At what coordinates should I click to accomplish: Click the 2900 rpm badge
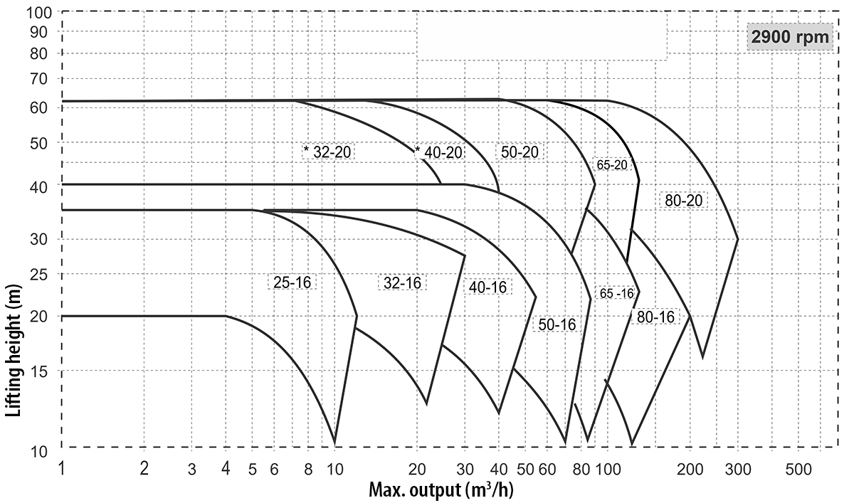[790, 38]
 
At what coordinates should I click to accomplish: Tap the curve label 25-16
[292, 282]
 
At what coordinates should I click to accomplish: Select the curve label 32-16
[402, 282]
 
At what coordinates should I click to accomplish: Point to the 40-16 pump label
[487, 287]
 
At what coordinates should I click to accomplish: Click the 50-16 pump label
[557, 324]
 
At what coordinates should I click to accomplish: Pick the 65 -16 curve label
[616, 294]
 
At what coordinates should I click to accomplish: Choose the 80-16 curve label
[655, 317]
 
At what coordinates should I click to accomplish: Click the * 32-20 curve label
[328, 152]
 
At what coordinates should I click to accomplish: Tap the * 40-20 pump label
[439, 152]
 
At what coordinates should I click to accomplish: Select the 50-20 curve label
[520, 152]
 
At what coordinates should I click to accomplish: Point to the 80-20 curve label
[683, 201]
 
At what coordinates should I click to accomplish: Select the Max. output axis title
[441, 490]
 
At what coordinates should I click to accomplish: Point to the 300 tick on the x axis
[738, 470]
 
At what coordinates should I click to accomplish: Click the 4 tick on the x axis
[226, 470]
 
